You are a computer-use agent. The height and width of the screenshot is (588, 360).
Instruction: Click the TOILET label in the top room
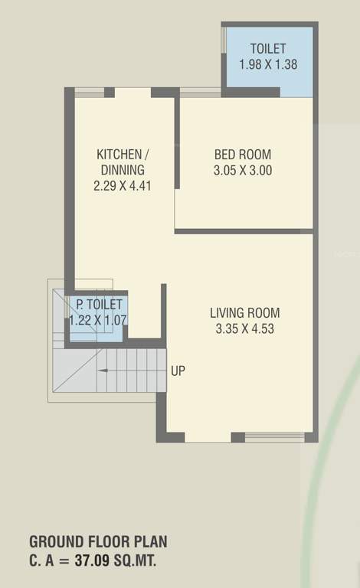(x=267, y=49)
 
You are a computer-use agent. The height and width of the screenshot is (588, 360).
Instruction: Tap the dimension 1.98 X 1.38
(x=267, y=64)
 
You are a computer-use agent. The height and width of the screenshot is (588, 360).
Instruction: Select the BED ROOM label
(x=242, y=155)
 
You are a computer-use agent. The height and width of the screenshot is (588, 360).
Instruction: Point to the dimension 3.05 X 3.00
(x=242, y=171)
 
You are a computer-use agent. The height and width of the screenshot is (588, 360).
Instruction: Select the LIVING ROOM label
(x=245, y=312)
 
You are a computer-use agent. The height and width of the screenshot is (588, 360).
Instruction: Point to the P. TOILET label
(x=94, y=305)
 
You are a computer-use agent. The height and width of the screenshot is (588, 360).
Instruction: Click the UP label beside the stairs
(x=178, y=371)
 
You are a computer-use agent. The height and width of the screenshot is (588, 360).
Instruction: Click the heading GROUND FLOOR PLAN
(x=98, y=542)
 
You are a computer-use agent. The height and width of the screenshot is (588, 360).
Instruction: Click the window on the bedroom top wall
(x=200, y=93)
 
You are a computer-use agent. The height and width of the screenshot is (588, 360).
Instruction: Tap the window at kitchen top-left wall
(x=89, y=92)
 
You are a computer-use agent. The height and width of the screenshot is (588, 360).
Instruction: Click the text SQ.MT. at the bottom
(x=136, y=560)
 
